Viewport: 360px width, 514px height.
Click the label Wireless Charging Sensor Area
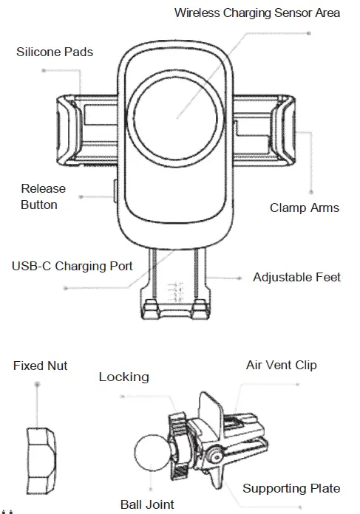[257, 13]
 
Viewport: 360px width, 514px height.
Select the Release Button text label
[43, 196]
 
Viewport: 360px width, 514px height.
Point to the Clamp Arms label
[304, 208]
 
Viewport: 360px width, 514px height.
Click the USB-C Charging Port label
[72, 265]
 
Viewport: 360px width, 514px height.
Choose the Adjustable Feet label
[296, 278]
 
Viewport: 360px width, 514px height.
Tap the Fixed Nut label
[40, 366]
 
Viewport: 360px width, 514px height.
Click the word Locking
[123, 377]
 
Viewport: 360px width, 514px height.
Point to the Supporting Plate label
[291, 488]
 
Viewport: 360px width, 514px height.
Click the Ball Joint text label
[147, 505]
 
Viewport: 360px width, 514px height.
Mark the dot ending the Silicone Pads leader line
[44, 71]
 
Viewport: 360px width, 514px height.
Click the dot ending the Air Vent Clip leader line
[297, 384]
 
